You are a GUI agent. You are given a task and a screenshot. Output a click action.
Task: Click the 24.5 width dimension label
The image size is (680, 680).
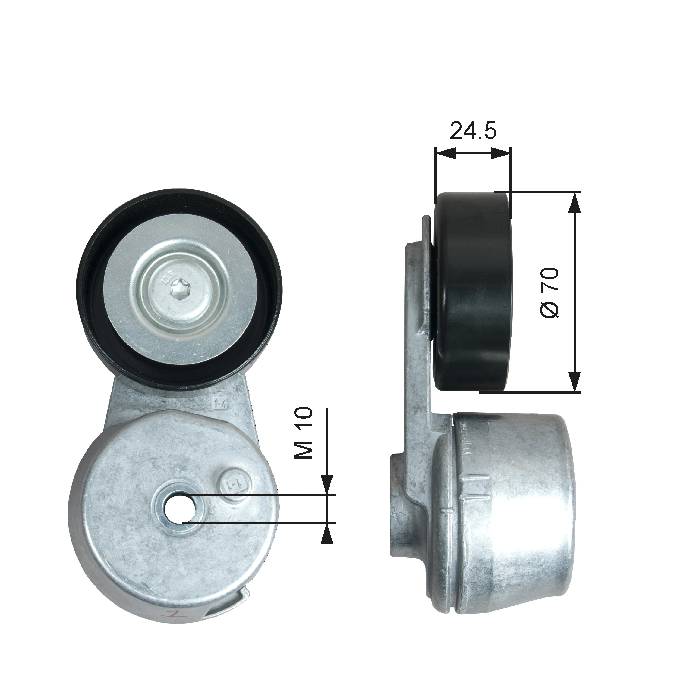pyautogui.click(x=473, y=131)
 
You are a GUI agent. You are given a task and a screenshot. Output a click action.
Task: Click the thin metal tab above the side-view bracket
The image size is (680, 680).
pyautogui.click(x=426, y=229)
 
